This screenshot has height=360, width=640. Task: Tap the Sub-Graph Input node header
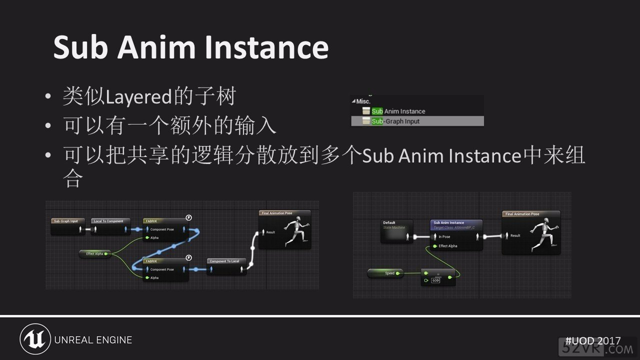(67, 221)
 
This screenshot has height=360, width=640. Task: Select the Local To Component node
(110, 221)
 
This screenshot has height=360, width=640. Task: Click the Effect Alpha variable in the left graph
(95, 254)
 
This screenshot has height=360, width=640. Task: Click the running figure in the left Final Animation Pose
(296, 231)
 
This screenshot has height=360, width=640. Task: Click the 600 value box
(435, 280)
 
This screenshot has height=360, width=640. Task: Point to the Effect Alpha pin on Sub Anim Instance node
(447, 246)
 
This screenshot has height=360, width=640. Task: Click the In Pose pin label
(444, 236)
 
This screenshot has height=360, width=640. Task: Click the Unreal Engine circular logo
(35, 339)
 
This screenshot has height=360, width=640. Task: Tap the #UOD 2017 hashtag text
(592, 340)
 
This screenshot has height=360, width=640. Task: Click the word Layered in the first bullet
(139, 96)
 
